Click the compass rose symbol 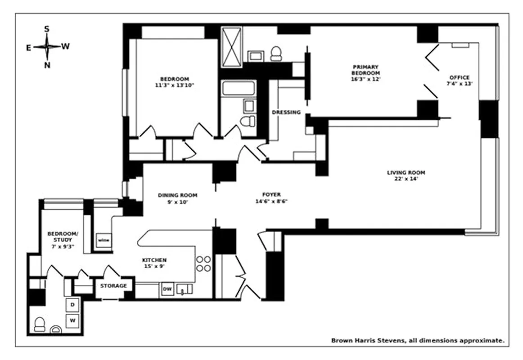point(47,47)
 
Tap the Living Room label point(406,172)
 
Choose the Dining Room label point(177,195)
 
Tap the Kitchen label point(154,260)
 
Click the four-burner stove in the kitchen point(203,263)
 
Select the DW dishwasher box point(167,289)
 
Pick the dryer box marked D point(72,305)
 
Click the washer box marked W point(72,321)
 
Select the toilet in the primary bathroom point(275,54)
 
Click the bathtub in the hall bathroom point(239,88)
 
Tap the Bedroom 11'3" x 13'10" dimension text point(174,85)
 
